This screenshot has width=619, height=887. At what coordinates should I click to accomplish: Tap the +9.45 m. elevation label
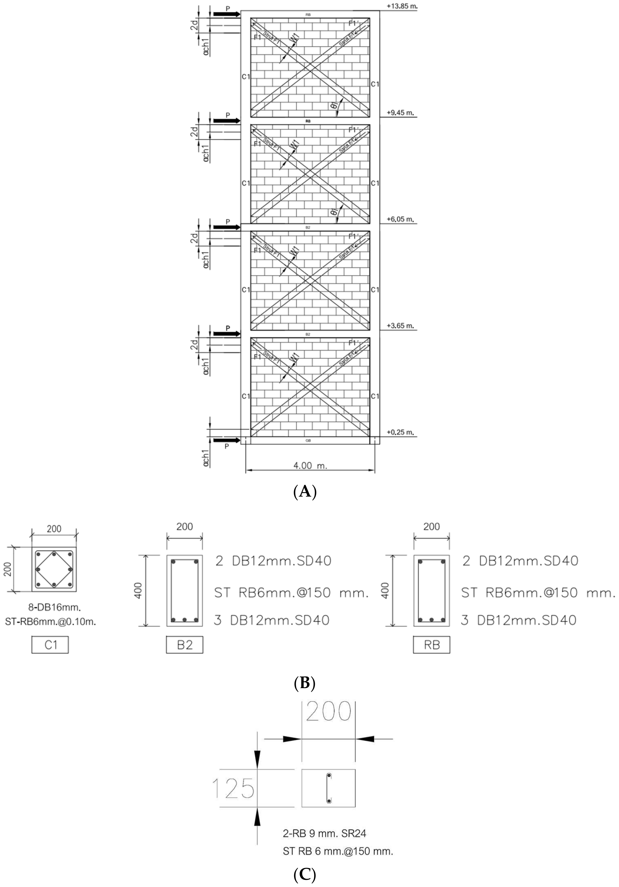400,113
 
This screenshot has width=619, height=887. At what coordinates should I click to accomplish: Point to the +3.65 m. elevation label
400,326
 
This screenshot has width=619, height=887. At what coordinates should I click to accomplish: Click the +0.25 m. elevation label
400,432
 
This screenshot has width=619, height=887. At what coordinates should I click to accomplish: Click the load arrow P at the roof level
227,14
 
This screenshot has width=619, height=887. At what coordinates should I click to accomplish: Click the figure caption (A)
305,492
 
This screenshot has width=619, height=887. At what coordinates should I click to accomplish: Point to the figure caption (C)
305,875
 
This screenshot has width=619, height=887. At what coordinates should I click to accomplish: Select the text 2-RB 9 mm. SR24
324,833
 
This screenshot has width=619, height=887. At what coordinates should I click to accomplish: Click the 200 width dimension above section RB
431,526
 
